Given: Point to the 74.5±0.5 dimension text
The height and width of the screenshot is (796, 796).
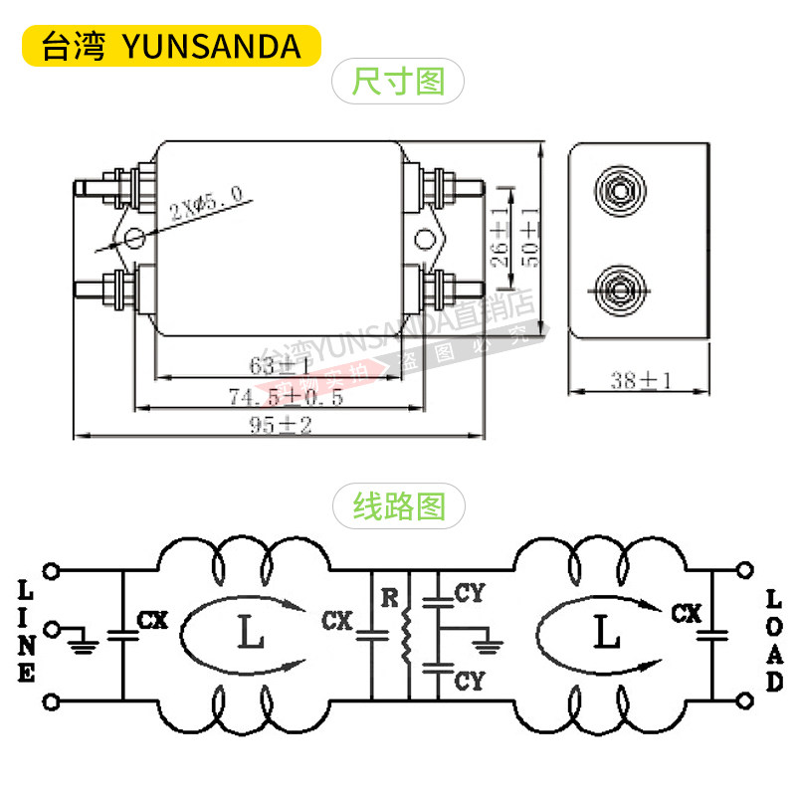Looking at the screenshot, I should coord(286,397).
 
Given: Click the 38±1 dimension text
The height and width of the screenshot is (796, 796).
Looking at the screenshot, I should coord(642,380).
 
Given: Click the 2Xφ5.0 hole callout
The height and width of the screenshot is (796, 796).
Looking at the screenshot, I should coord(205,203).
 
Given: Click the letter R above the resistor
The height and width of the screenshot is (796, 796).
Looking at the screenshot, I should coord(390,598).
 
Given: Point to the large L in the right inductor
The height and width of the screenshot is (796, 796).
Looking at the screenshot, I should coord(602,632).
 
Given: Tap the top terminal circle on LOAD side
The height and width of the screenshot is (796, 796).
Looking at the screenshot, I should coord(741,570).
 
